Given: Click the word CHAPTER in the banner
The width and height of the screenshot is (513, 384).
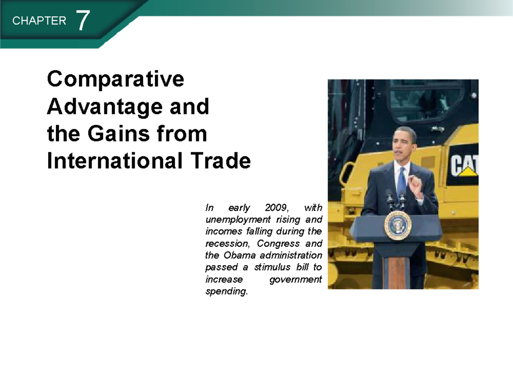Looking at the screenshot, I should click(39, 21).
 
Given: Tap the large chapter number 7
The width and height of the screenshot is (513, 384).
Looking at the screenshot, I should click(83, 20).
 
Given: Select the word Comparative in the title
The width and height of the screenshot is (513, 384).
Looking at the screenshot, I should click(116, 79).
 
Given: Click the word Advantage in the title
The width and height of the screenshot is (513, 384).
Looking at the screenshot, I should click(102, 107).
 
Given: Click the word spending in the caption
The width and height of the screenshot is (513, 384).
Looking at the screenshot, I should click(226, 292).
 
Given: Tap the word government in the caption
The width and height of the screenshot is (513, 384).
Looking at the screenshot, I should click(296, 279).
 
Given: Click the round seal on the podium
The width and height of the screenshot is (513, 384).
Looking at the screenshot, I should click(398, 225).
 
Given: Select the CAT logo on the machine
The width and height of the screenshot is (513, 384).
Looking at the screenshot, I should click(463, 165).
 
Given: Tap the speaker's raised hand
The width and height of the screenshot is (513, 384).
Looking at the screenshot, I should click(414, 183).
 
